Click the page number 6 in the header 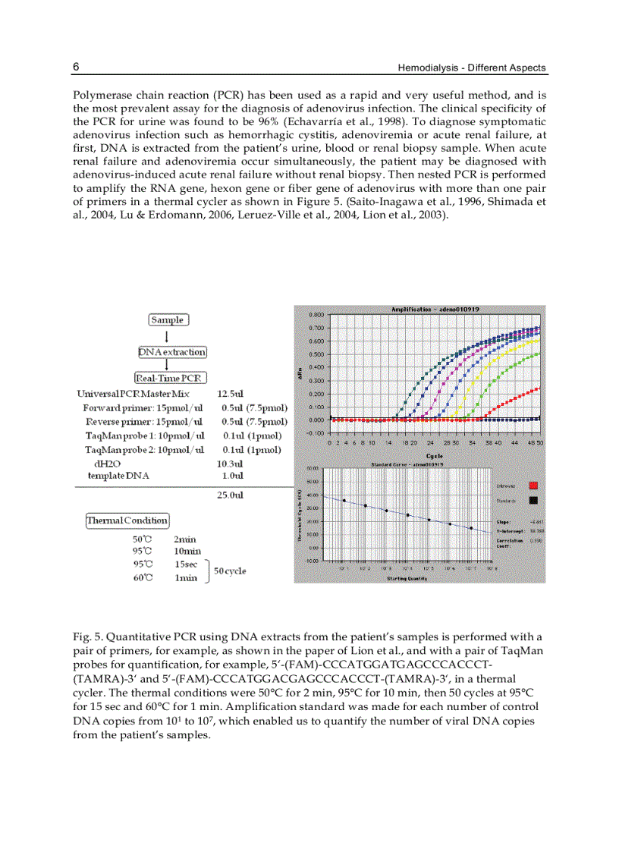click(x=76, y=67)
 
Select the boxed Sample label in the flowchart click(x=168, y=320)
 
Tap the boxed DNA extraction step click(x=172, y=352)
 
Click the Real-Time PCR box click(x=171, y=378)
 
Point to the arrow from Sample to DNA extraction click(x=167, y=336)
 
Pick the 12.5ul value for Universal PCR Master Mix click(x=230, y=395)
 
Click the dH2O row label click(x=107, y=463)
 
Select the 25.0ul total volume click(x=230, y=495)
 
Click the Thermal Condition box click(x=127, y=520)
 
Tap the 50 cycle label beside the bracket click(x=230, y=571)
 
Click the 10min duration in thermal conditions click(x=187, y=552)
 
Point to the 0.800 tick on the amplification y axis click(x=317, y=315)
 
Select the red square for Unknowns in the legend click(x=533, y=486)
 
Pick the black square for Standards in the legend click(x=533, y=501)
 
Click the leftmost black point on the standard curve click(x=344, y=501)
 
